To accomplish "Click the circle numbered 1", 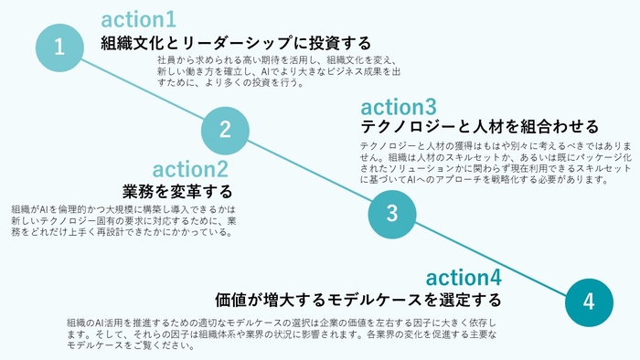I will [x=59, y=47].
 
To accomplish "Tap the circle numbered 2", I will [x=225, y=130].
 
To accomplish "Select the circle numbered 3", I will [x=392, y=214].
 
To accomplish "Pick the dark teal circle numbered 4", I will [x=589, y=301].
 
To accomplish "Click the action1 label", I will [x=139, y=19].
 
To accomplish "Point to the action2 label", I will [x=190, y=170].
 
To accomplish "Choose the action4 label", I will [x=464, y=277].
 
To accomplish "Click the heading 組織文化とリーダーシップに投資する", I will [x=236, y=42].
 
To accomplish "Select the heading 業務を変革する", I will [x=177, y=192].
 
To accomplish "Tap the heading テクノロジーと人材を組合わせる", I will [x=480, y=126].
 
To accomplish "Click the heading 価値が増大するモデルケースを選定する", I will [x=358, y=299].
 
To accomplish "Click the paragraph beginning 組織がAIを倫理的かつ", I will [x=124, y=220].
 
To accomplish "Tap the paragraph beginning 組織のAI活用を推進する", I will [x=282, y=334].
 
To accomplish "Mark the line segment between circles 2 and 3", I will [x=308, y=172].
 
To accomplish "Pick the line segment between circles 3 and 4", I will [x=490, y=257].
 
